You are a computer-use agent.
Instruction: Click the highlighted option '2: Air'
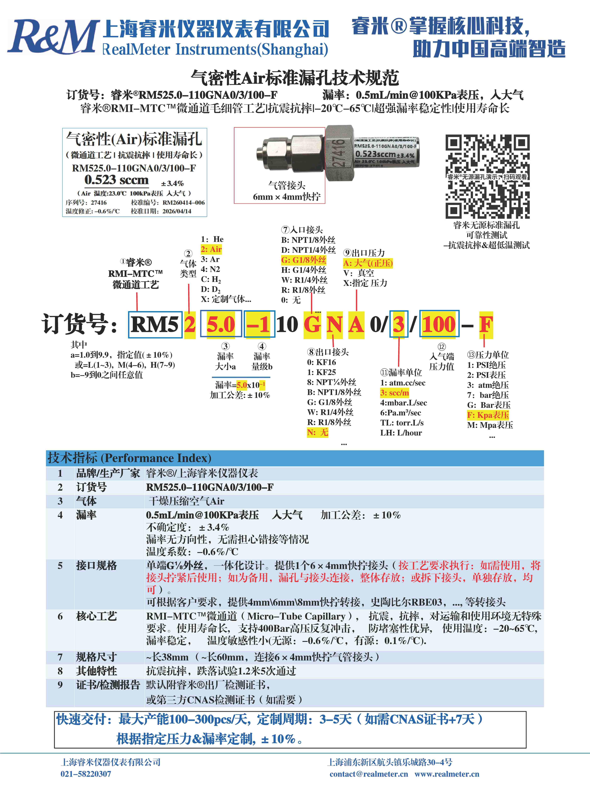point(211,249)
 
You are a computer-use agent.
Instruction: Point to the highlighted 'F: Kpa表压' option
point(488,415)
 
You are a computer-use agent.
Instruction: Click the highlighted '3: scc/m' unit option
point(394,393)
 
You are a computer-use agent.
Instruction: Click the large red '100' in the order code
point(439,324)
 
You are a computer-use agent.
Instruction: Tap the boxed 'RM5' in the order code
point(155,324)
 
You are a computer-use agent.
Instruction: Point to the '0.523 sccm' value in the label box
point(116,180)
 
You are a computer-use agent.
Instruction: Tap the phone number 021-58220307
point(86,774)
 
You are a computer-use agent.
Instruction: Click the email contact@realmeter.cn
point(369,774)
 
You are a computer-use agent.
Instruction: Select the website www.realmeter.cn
point(447,774)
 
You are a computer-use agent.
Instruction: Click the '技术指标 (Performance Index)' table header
point(129,458)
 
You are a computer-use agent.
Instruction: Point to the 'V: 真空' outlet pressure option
point(358,273)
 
